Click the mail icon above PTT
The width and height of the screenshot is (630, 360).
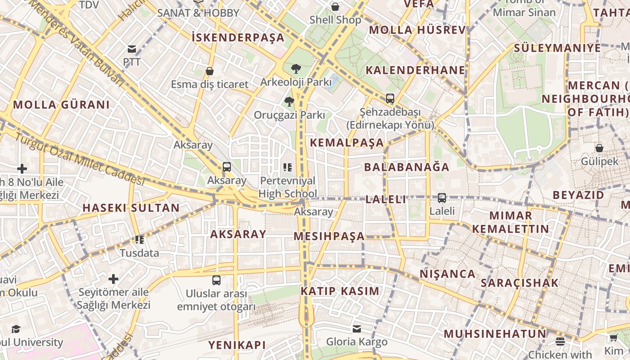tap(132, 49)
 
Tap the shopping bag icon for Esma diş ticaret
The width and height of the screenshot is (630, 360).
tap(209, 71)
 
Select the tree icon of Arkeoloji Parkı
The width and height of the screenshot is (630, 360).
tap(296, 69)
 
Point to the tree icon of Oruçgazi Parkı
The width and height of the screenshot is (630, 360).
tap(289, 102)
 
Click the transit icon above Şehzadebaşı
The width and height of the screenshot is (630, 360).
tap(390, 98)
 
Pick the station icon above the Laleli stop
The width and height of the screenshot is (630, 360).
tap(442, 198)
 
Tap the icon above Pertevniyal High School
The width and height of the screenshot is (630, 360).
tap(288, 167)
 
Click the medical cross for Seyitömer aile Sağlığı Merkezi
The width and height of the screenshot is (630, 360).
tap(113, 279)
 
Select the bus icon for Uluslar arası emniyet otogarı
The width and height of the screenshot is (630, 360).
tap(216, 280)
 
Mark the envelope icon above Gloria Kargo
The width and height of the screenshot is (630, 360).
tap(357, 329)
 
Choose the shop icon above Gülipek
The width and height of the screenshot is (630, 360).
tap(599, 148)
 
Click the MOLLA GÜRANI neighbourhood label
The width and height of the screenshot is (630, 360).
tap(61, 105)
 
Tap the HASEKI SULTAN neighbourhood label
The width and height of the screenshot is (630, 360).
tap(131, 208)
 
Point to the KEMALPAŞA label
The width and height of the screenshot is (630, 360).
tap(347, 143)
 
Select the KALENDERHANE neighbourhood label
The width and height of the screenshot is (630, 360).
tap(415, 70)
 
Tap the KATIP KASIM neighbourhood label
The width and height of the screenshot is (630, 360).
tap(340, 291)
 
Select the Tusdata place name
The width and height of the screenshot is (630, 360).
tap(139, 253)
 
